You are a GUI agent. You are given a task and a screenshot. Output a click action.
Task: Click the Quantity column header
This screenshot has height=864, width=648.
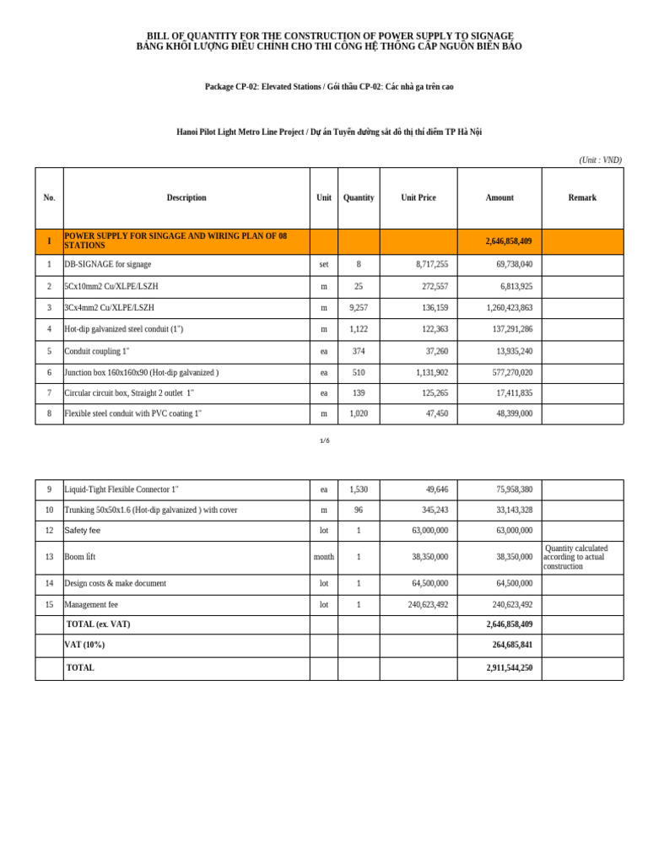(359, 197)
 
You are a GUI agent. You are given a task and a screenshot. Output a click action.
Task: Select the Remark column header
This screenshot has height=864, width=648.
(582, 197)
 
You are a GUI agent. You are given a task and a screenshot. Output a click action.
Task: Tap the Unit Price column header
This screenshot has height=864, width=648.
(418, 197)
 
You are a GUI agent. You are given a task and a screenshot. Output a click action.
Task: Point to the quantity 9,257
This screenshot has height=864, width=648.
(359, 308)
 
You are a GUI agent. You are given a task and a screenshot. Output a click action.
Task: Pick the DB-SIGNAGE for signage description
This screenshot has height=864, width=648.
(108, 264)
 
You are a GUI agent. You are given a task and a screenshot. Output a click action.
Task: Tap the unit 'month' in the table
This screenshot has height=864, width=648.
(324, 557)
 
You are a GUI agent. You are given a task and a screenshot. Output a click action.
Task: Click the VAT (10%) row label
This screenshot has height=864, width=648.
(84, 645)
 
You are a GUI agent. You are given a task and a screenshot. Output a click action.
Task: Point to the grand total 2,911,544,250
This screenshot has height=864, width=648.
(509, 667)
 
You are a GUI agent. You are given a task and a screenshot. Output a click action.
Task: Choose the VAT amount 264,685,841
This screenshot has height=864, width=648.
(512, 645)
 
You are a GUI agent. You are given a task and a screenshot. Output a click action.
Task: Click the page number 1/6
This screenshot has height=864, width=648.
(325, 440)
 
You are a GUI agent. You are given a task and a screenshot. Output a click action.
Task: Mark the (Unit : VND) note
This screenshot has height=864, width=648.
(600, 159)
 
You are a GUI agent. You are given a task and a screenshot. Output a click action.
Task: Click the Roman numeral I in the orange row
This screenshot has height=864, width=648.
(49, 241)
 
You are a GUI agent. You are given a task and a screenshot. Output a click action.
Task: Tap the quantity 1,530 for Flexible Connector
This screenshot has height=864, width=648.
(359, 489)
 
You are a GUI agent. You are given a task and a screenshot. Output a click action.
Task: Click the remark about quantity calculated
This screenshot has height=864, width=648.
(577, 557)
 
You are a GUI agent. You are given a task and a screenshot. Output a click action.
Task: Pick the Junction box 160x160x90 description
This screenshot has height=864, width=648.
(141, 372)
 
